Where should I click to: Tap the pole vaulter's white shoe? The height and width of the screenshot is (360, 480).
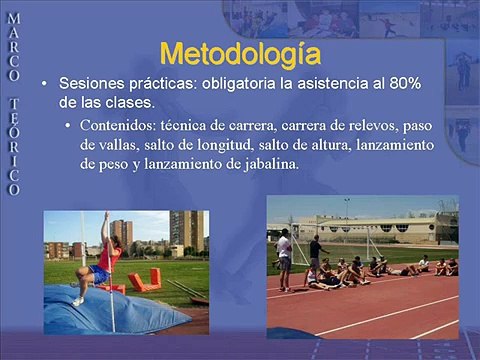click(x=77, y=299)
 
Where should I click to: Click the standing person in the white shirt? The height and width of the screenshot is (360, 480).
click(x=285, y=254)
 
